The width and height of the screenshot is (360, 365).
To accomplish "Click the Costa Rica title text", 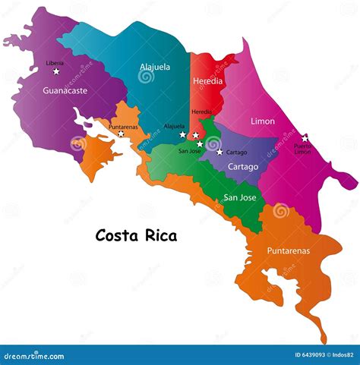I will (x=136, y=235).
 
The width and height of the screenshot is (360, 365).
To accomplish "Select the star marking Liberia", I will (x=56, y=71).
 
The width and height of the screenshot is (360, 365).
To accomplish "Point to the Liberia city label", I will (x=55, y=63).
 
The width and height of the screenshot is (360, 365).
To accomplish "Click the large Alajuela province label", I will (x=155, y=67).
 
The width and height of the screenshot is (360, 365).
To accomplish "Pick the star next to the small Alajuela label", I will (x=182, y=135).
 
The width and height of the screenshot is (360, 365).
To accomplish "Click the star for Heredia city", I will (x=196, y=135).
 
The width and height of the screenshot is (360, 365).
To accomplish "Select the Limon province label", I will (x=264, y=121).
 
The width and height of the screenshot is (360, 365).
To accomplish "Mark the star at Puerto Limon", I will (x=305, y=137).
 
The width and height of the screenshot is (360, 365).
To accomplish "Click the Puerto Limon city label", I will (x=303, y=149).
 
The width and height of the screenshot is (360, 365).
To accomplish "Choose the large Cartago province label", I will (x=243, y=166).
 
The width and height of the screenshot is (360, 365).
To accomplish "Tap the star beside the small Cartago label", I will (x=219, y=152).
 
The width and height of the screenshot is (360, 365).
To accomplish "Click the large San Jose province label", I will (x=239, y=198).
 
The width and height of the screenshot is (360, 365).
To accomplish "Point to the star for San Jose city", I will (x=200, y=143).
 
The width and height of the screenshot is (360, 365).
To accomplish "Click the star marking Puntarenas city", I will (x=121, y=134).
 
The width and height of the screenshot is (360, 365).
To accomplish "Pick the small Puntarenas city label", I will (x=123, y=127).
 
